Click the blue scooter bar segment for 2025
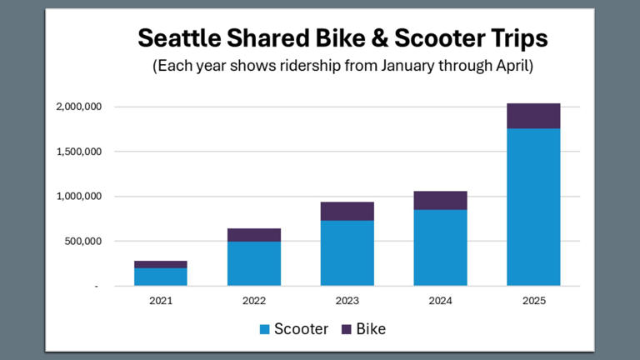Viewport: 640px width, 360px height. [x=533, y=207]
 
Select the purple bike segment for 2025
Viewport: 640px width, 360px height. [x=533, y=116]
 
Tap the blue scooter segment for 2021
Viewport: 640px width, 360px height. [x=160, y=277]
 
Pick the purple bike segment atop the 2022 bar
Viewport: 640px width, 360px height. [x=253, y=235]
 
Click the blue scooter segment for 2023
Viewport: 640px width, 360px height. [x=347, y=252]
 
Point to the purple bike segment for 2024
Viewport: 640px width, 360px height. [x=440, y=200]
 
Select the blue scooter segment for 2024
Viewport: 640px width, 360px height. [x=440, y=247]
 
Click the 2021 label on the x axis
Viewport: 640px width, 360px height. [x=160, y=300]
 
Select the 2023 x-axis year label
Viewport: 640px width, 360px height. [x=347, y=300]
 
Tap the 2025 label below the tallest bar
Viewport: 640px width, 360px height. [x=533, y=300]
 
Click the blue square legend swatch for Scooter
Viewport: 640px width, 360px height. [x=264, y=329]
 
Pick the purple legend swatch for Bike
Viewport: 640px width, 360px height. [x=347, y=329]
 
